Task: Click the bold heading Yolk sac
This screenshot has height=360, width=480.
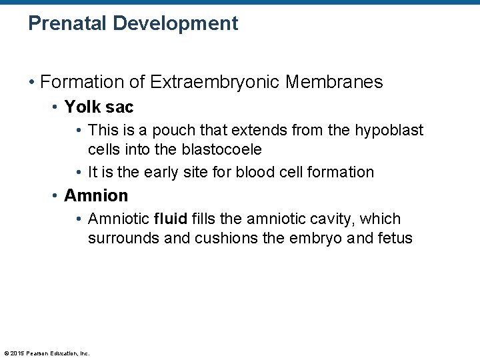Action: [99, 107]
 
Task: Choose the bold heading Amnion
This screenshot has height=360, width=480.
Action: [95, 195]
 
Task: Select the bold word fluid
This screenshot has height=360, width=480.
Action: [170, 219]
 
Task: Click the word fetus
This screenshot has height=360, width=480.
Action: [395, 237]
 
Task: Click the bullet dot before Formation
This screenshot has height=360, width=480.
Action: [31, 83]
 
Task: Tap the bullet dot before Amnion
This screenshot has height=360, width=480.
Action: [55, 196]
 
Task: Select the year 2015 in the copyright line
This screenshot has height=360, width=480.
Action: [17, 353]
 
